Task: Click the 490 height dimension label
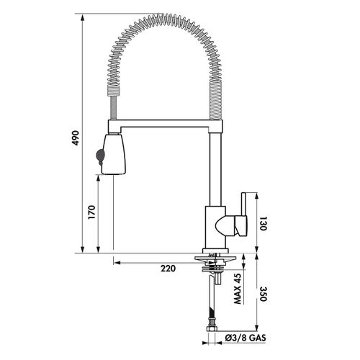point(76,138)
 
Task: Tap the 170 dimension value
point(91,212)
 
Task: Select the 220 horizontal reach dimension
point(168,269)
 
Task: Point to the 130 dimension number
point(263,224)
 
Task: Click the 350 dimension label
point(263,294)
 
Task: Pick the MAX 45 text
point(238,289)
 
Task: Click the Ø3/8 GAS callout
point(246,338)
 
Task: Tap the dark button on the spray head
point(99,156)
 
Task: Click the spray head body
point(114,154)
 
